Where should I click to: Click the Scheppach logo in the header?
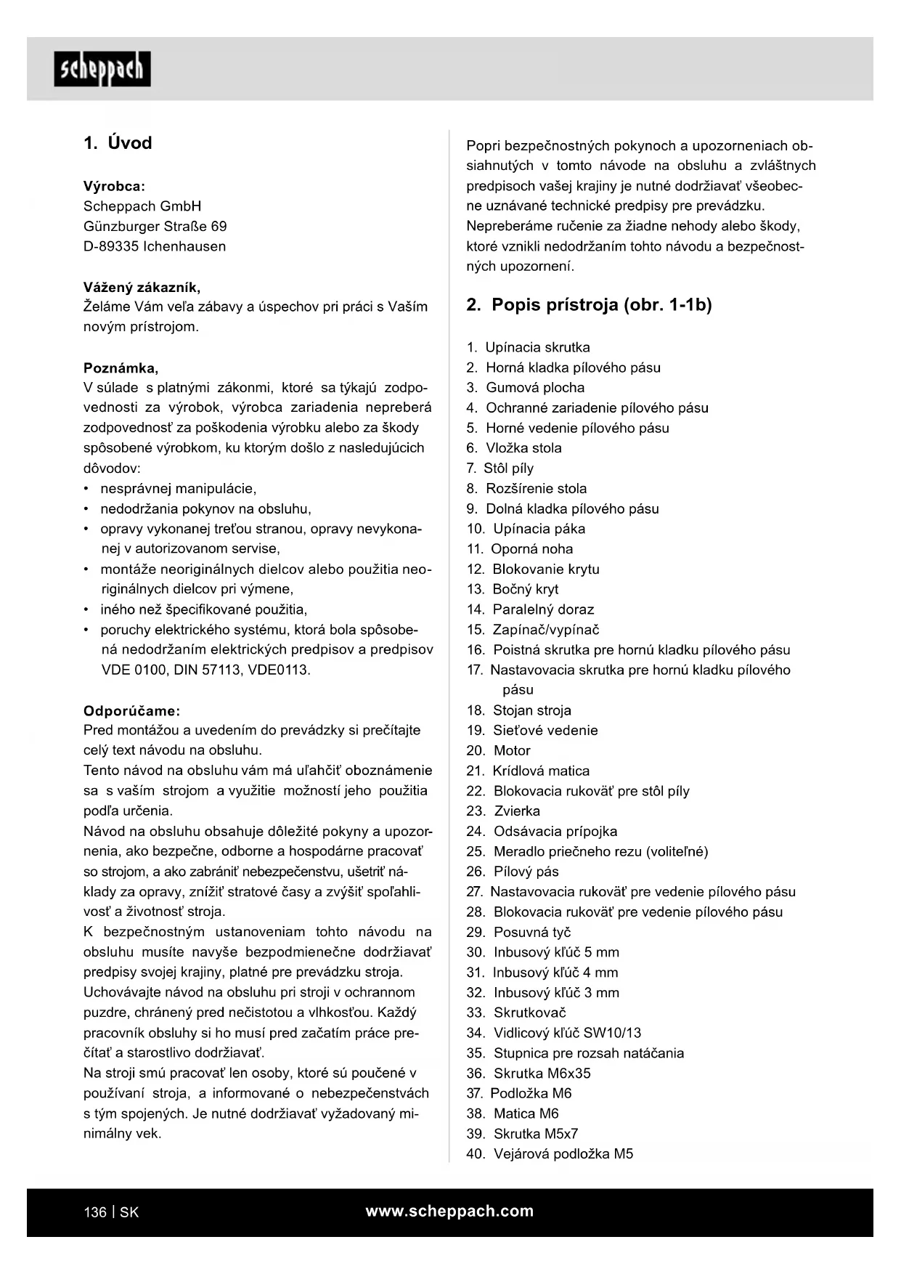pyautogui.click(x=102, y=69)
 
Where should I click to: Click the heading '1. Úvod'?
pyautogui.click(x=118, y=143)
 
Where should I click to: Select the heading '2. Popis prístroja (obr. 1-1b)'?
pyautogui.click(x=589, y=305)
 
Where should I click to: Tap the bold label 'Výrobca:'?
pyautogui.click(x=114, y=186)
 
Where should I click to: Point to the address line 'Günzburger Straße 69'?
pyautogui.click(x=155, y=227)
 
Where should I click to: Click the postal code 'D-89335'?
pyautogui.click(x=110, y=247)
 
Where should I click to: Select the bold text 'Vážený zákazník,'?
pyautogui.click(x=142, y=287)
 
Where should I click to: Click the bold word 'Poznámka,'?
pyautogui.click(x=121, y=368)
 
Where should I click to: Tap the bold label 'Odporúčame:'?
pyautogui.click(x=131, y=710)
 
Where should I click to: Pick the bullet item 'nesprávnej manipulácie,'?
pyautogui.click(x=178, y=489)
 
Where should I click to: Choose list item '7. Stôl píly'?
pyautogui.click(x=500, y=468)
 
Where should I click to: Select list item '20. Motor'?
pyautogui.click(x=499, y=751)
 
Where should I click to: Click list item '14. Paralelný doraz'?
pyautogui.click(x=531, y=609)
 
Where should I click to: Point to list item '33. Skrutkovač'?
pyautogui.click(x=516, y=1013)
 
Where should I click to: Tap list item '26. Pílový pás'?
pyautogui.click(x=513, y=872)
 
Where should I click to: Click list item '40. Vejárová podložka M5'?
pyautogui.click(x=550, y=1154)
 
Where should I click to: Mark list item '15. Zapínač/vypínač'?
pyautogui.click(x=533, y=630)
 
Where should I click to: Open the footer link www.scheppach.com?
pyautogui.click(x=449, y=1212)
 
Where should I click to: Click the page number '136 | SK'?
pyautogui.click(x=111, y=1212)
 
